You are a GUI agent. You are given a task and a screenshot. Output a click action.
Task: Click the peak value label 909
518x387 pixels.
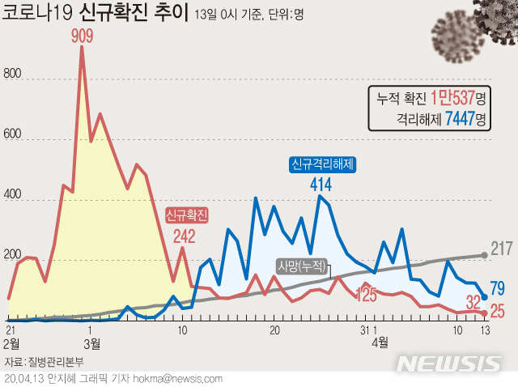[81, 36]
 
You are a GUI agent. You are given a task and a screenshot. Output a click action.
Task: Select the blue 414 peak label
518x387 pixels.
[322, 184]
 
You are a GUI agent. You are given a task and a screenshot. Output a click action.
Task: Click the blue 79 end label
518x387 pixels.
[498, 289]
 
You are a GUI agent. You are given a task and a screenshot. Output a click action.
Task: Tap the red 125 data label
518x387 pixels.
[366, 296]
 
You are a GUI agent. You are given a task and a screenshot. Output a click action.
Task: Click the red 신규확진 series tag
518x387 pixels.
[187, 215]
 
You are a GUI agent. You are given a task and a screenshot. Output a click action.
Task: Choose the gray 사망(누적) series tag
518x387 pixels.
[301, 266]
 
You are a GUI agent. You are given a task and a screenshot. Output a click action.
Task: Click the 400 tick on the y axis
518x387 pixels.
[12, 200]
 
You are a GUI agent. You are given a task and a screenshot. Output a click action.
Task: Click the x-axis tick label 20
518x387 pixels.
[274, 330]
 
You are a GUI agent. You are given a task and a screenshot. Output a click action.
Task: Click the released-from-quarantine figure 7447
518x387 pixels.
[457, 119]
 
